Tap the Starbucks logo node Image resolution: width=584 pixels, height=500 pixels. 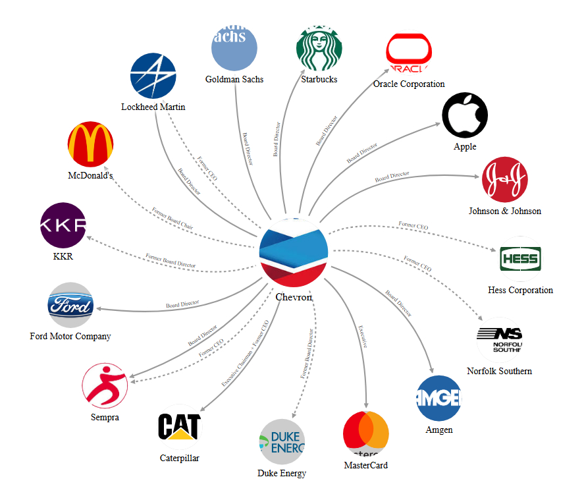click(x=319, y=47)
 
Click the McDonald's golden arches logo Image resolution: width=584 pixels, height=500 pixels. click(x=91, y=144)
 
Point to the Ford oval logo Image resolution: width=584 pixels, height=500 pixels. click(x=70, y=306)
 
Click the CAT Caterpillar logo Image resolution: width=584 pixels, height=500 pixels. click(x=179, y=427)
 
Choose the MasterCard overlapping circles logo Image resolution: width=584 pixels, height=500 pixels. click(x=366, y=434)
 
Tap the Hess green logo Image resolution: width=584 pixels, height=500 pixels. click(x=520, y=258)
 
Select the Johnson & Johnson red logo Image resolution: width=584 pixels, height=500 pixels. click(x=504, y=179)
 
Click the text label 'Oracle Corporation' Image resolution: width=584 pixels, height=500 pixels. click(x=409, y=84)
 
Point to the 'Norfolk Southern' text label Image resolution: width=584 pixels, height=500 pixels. click(x=499, y=371)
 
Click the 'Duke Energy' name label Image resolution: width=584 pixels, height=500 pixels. click(x=282, y=473)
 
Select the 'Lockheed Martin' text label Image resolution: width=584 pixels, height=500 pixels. click(x=153, y=107)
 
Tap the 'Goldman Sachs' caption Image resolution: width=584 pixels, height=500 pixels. click(x=234, y=79)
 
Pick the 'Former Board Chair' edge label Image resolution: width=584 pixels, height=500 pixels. click(x=173, y=218)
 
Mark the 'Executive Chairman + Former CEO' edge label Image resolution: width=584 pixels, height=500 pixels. click(x=244, y=353)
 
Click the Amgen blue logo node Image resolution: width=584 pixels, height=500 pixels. click(x=438, y=398)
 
